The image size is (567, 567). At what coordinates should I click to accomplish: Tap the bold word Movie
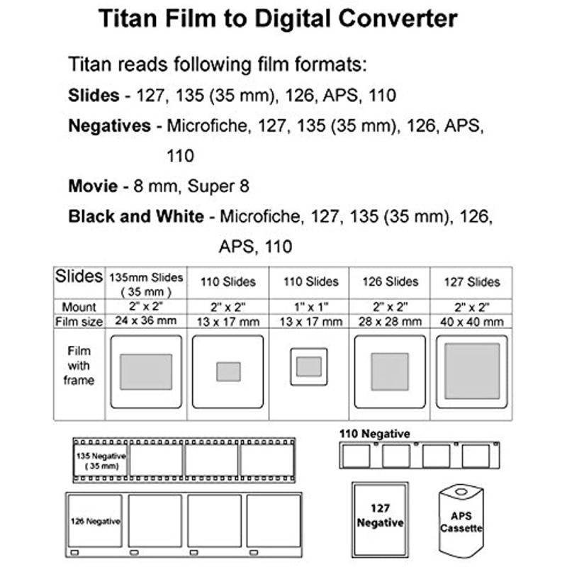click(x=93, y=186)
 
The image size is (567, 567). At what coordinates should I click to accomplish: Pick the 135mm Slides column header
click(x=147, y=282)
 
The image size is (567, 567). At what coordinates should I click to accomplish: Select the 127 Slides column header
click(x=472, y=282)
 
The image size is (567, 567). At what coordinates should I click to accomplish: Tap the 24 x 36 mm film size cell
click(x=147, y=322)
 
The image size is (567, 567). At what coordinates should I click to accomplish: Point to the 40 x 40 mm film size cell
click(x=472, y=322)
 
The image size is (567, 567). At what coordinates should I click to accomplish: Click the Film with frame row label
click(x=79, y=365)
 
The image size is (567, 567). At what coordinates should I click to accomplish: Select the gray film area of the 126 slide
click(x=389, y=371)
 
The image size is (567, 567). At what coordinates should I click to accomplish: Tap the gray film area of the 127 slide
click(x=472, y=371)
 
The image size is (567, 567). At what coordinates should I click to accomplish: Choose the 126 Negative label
click(x=95, y=521)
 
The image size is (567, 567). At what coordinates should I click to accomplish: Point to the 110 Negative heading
click(x=374, y=433)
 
